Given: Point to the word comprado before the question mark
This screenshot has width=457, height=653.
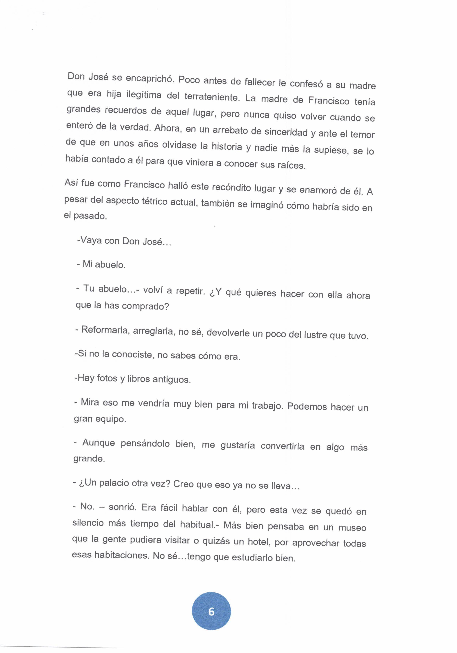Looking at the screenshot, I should click(146, 306).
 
